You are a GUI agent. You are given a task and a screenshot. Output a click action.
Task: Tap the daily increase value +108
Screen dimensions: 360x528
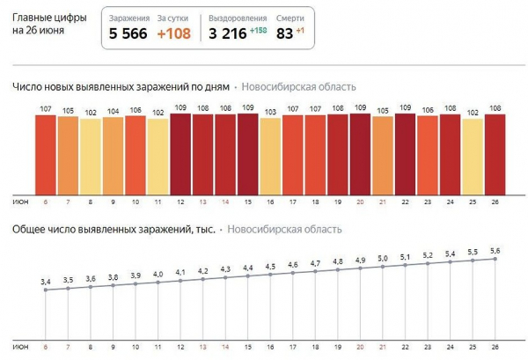[x=175, y=35]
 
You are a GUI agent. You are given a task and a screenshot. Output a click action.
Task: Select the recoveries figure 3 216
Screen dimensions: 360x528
[x=229, y=35]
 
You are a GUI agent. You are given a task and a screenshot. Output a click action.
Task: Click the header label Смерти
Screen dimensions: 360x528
[x=291, y=18]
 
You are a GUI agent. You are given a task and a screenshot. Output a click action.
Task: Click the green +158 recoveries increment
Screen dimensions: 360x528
[x=258, y=32]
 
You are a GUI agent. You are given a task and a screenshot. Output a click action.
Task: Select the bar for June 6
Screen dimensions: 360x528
[x=46, y=154]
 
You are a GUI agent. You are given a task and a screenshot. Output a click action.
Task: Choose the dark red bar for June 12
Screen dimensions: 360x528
[x=180, y=153]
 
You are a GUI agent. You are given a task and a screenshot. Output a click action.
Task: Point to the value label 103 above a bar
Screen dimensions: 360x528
[x=271, y=112]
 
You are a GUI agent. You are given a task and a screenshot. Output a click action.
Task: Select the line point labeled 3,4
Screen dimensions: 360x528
[x=46, y=290]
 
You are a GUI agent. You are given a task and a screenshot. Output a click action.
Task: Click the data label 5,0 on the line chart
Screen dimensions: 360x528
[x=383, y=258]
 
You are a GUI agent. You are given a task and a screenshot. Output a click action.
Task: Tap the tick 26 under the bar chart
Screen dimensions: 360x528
[x=495, y=202]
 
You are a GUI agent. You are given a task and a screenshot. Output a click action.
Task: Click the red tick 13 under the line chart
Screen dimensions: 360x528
[x=203, y=345]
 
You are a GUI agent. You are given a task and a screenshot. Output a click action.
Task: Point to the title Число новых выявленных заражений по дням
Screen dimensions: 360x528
[x=121, y=86]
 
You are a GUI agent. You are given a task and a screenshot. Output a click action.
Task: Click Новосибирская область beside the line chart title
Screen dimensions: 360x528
[x=285, y=230]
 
